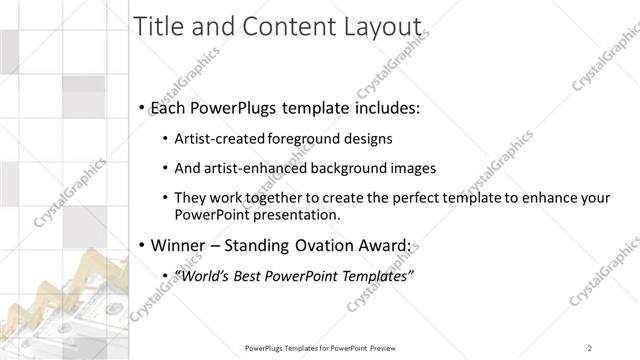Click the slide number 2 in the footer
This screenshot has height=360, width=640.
591,348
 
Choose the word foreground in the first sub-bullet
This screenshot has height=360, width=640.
294,140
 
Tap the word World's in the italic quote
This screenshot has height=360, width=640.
203,275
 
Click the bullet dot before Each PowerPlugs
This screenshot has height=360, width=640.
143,106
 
